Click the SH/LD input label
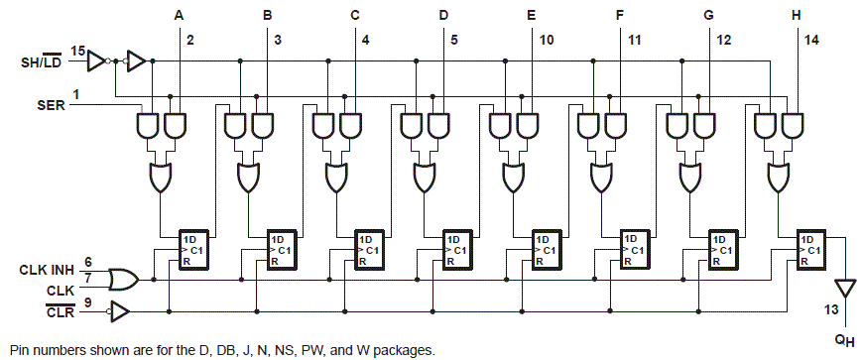click(x=45, y=62)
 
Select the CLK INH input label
click(x=45, y=269)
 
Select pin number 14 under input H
click(x=812, y=40)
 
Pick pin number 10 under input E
click(x=548, y=40)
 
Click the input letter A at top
click(x=179, y=15)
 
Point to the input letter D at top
click(x=443, y=15)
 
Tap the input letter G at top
click(x=708, y=15)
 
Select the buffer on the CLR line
click(x=118, y=313)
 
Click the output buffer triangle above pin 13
click(x=844, y=289)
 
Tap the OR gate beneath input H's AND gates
click(x=779, y=178)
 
